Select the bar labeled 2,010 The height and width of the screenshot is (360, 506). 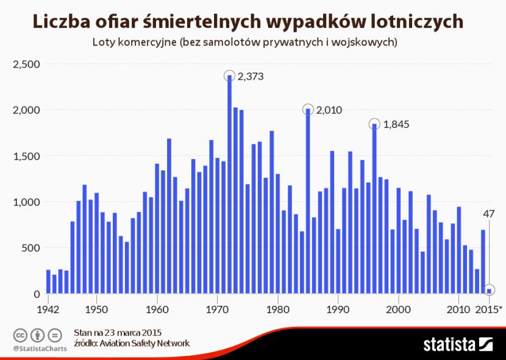(x=308, y=202)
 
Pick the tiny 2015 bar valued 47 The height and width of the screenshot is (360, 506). (x=489, y=291)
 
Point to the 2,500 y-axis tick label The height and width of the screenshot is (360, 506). (x=26, y=64)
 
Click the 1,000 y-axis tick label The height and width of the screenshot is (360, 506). (x=26, y=202)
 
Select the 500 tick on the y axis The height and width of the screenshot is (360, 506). (x=30, y=248)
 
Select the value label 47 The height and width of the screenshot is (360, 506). (x=489, y=214)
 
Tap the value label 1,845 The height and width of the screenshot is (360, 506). (x=396, y=124)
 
